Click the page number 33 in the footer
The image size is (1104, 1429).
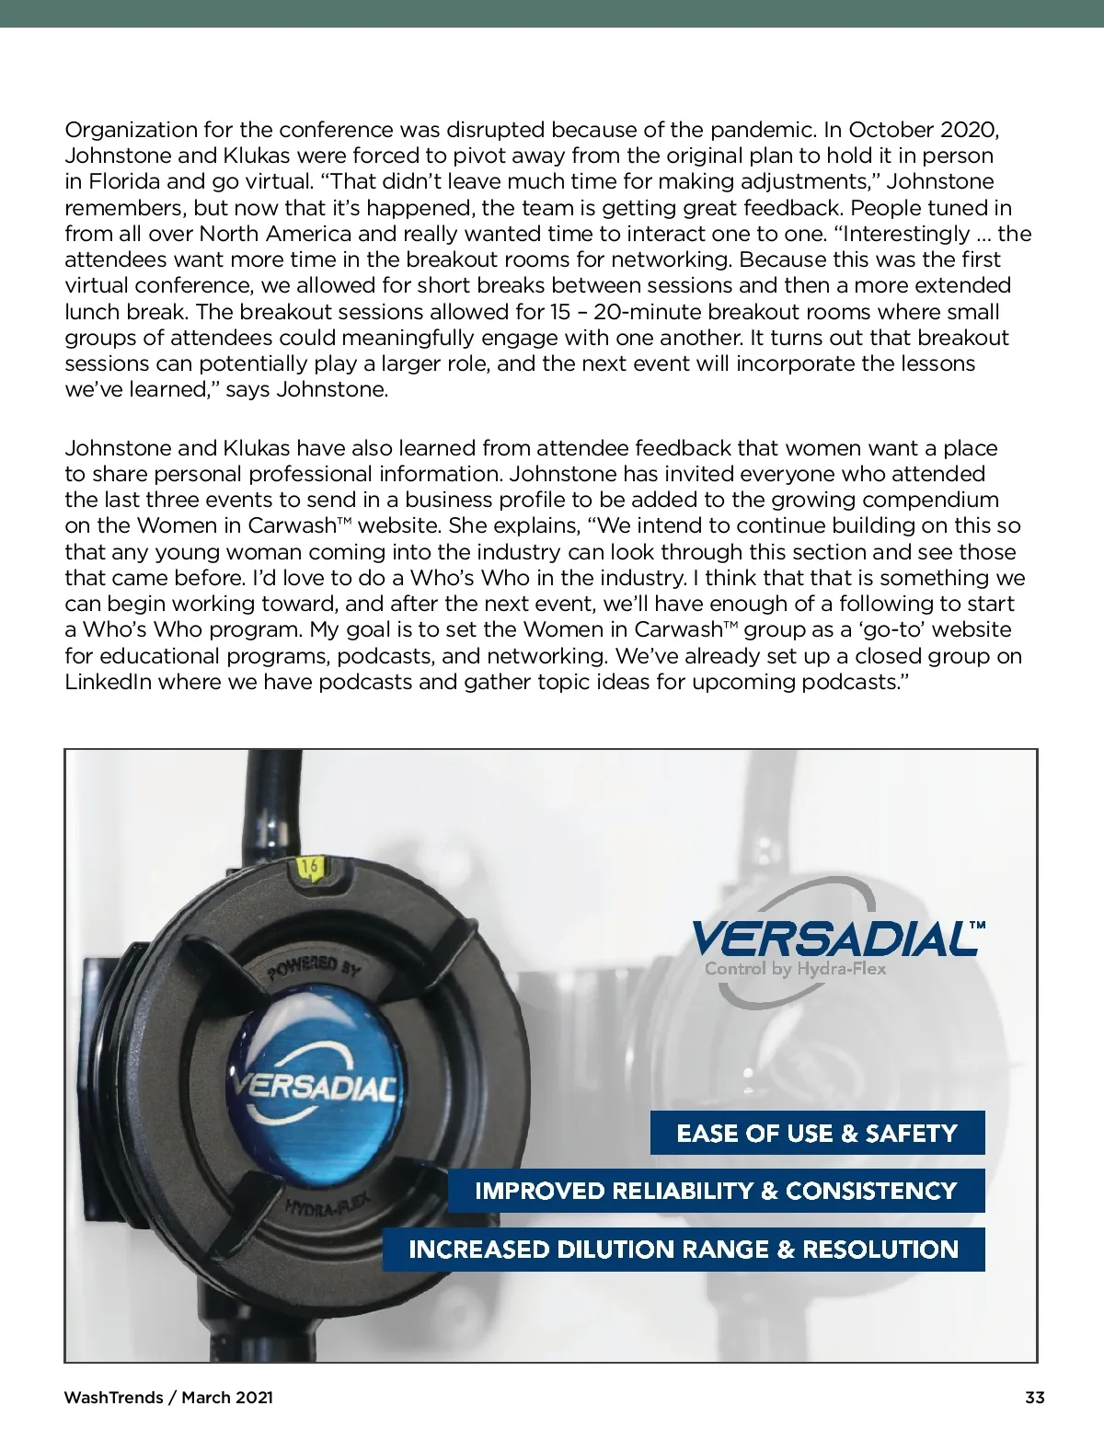click(1034, 1397)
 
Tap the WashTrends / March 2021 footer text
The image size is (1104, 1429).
click(168, 1397)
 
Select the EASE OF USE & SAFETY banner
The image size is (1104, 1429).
click(817, 1133)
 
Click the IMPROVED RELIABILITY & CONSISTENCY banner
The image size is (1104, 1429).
click(716, 1191)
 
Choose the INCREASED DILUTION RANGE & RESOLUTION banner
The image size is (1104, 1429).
click(684, 1250)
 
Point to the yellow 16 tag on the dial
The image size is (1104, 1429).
click(310, 867)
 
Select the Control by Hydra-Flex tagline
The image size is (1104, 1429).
click(795, 969)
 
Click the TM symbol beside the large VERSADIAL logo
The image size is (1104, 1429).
click(977, 925)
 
